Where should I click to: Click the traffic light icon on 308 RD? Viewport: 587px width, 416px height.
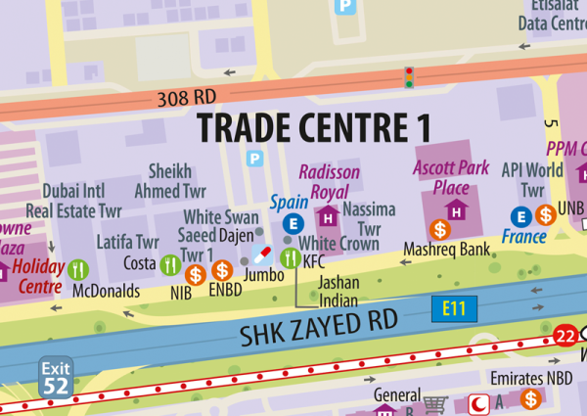click(410, 76)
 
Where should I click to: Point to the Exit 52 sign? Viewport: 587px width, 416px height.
click(55, 377)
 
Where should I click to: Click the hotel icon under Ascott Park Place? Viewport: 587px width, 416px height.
click(455, 208)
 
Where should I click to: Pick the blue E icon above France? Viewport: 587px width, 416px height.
click(521, 215)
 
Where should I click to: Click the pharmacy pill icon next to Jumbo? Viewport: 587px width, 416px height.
click(262, 254)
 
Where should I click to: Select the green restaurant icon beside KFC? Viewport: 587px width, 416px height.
click(290, 258)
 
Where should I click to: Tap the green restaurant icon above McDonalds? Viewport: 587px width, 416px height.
click(80, 267)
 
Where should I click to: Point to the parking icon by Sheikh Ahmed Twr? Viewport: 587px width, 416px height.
click(256, 158)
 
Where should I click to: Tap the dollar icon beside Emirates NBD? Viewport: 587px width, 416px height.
click(530, 398)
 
